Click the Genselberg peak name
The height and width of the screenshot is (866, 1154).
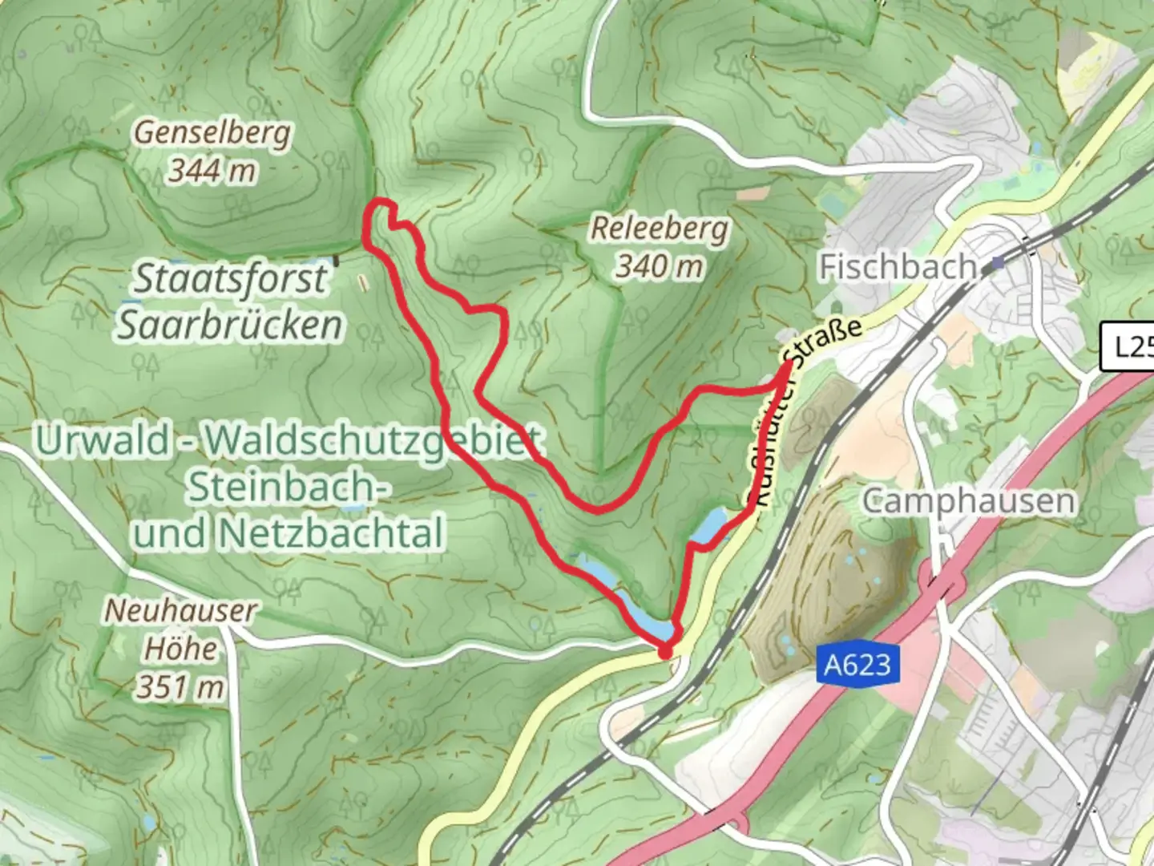[212, 132]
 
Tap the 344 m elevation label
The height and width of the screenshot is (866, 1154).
[212, 170]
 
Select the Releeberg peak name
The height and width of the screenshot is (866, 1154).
[660, 229]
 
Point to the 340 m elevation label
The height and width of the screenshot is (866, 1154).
[660, 265]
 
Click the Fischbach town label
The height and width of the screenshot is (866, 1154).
[898, 266]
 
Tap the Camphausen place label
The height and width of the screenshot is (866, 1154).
[968, 501]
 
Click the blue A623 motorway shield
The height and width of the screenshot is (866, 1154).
[857, 665]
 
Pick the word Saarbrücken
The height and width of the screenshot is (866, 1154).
[231, 326]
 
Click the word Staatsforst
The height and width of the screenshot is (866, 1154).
[231, 279]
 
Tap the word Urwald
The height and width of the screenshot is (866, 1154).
[103, 440]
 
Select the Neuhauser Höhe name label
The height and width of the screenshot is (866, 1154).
[180, 629]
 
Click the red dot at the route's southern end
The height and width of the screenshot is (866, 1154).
[664, 654]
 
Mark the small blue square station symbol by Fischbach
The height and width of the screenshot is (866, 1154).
[998, 262]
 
